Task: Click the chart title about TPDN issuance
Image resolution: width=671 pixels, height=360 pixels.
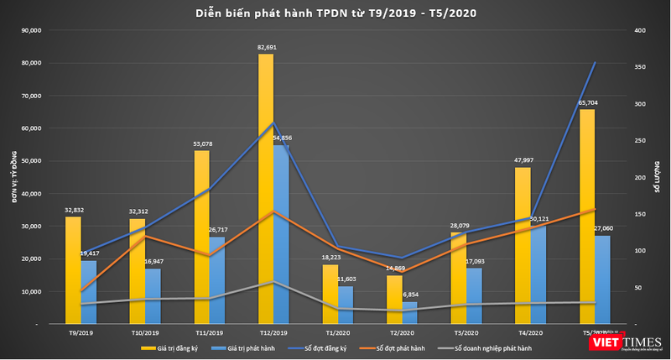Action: click(x=335, y=13)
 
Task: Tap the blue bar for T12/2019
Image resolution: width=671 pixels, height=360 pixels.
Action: click(x=281, y=235)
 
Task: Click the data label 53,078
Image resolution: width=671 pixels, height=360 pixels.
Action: click(x=202, y=144)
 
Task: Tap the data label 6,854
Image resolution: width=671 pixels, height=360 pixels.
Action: click(x=410, y=295)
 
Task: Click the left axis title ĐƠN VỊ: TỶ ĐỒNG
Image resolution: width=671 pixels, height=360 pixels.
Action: click(x=14, y=177)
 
